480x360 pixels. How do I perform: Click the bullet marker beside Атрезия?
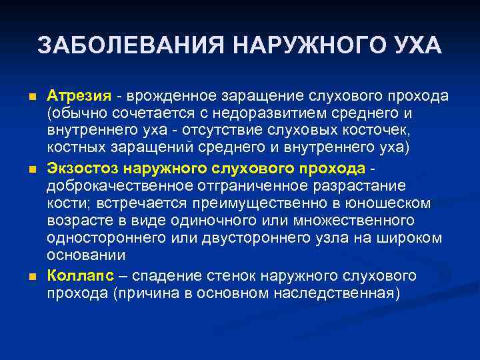[32, 97]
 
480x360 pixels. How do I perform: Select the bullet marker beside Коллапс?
[32, 276]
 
